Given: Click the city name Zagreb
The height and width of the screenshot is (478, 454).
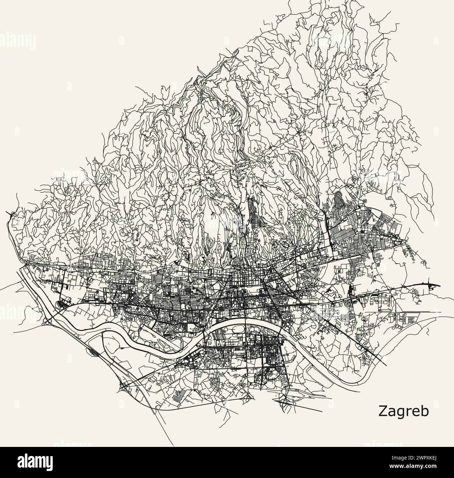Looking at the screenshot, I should coord(403,411).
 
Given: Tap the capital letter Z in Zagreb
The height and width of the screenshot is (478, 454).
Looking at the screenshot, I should coord(382,411).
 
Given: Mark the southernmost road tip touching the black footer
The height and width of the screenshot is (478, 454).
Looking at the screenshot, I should coord(174,445).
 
